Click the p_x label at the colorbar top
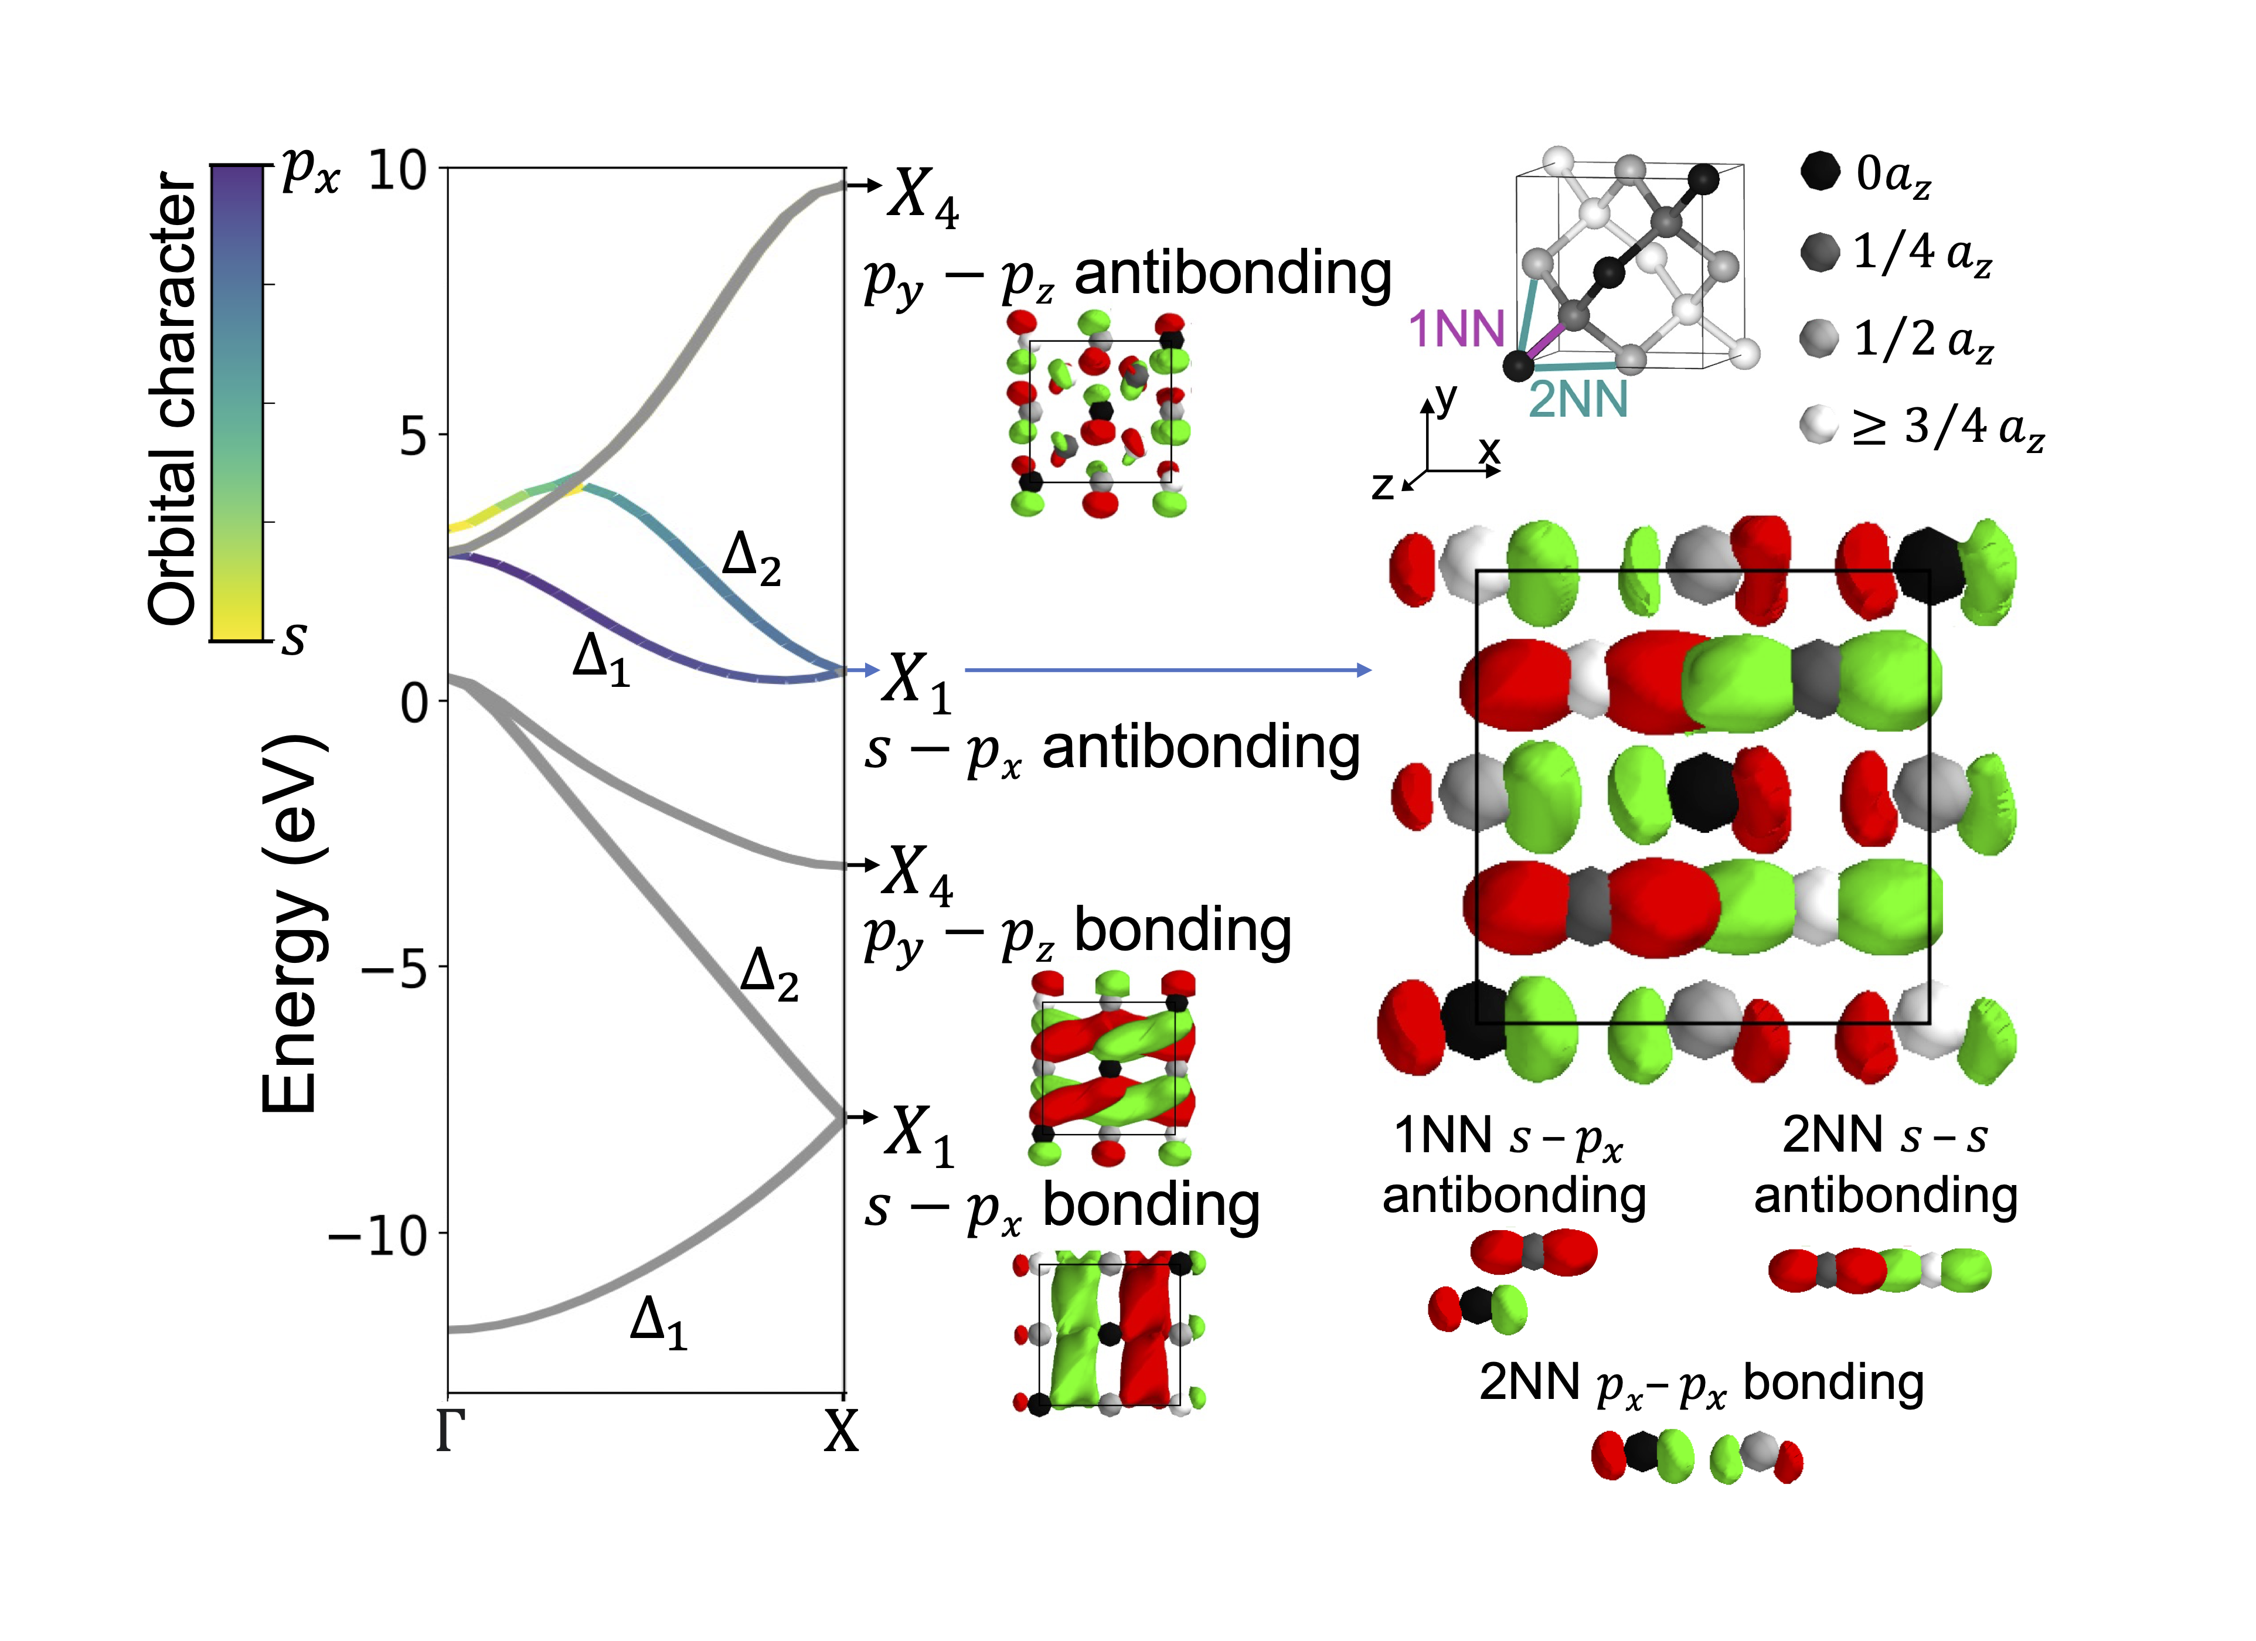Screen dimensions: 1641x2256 [310, 169]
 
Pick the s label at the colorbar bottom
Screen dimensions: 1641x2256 [294, 636]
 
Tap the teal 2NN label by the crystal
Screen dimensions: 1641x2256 [1578, 399]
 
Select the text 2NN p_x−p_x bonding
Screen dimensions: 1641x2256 [1701, 1383]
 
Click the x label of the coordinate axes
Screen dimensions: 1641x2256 [1488, 450]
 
